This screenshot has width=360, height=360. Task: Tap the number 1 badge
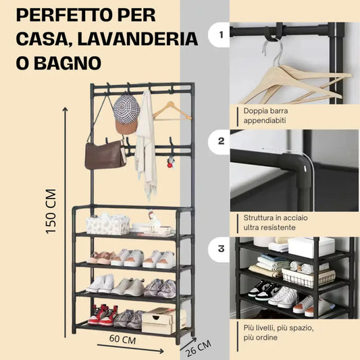(x=220, y=34)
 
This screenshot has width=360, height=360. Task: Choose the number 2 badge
(x=220, y=142)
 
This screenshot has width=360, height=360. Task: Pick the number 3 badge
(x=220, y=249)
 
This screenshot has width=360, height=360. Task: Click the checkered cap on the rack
(x=126, y=111)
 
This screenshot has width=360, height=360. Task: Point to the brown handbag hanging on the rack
(x=105, y=155)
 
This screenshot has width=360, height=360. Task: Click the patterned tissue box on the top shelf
(x=107, y=224)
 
